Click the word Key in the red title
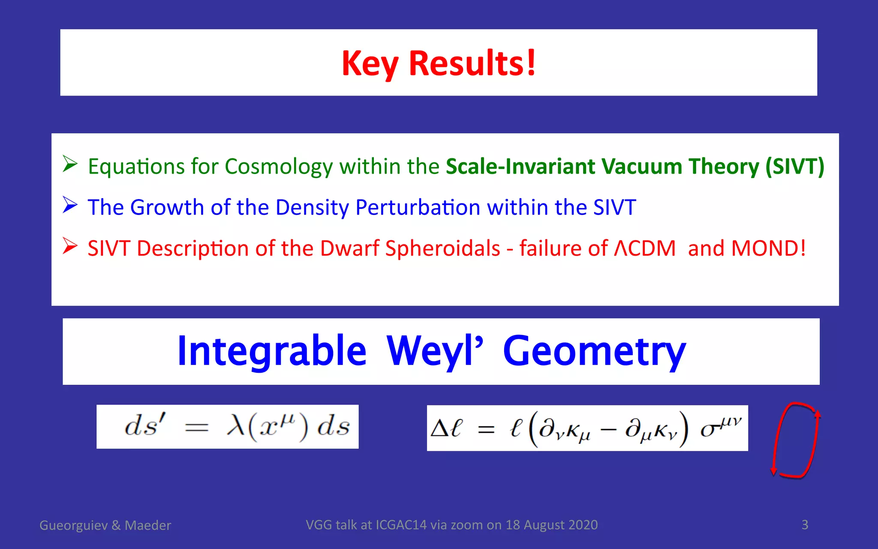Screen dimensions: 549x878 [370, 64]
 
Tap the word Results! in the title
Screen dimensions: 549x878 [472, 63]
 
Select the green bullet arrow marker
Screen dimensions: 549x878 [70, 164]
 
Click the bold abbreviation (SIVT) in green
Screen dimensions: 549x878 [795, 166]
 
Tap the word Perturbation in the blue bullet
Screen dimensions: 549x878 [418, 208]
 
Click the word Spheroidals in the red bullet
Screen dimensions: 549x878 [442, 248]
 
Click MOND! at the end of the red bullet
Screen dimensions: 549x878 [768, 248]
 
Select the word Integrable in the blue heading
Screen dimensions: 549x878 [272, 351]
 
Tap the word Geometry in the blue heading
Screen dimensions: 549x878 [594, 351]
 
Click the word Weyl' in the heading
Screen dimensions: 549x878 [434, 351]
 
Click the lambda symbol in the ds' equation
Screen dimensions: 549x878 [235, 426]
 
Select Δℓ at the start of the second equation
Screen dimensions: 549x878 [446, 428]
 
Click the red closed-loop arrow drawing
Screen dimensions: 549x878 [796, 440]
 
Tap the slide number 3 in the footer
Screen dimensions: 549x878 [805, 525]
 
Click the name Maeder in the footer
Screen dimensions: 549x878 [147, 525]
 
